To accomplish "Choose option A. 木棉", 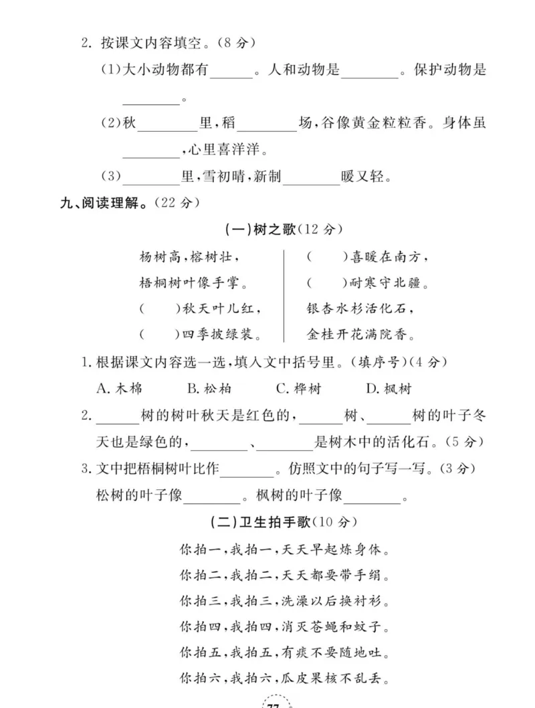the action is click(119, 389).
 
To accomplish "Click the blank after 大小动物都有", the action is click(231, 71).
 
